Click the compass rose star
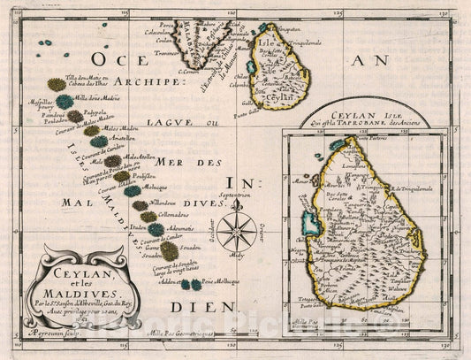coord(237,233)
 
